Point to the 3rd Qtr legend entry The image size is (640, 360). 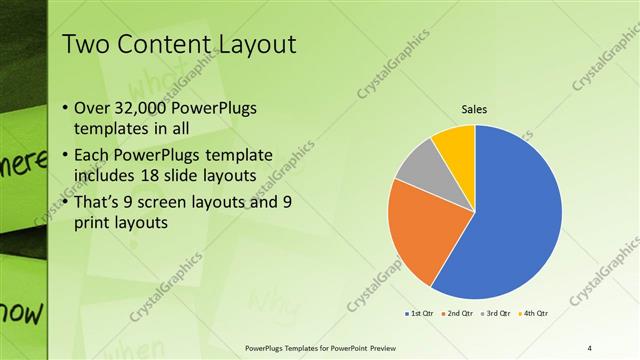497,314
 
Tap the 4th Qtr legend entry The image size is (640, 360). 535,314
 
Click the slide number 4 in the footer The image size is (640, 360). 590,348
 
